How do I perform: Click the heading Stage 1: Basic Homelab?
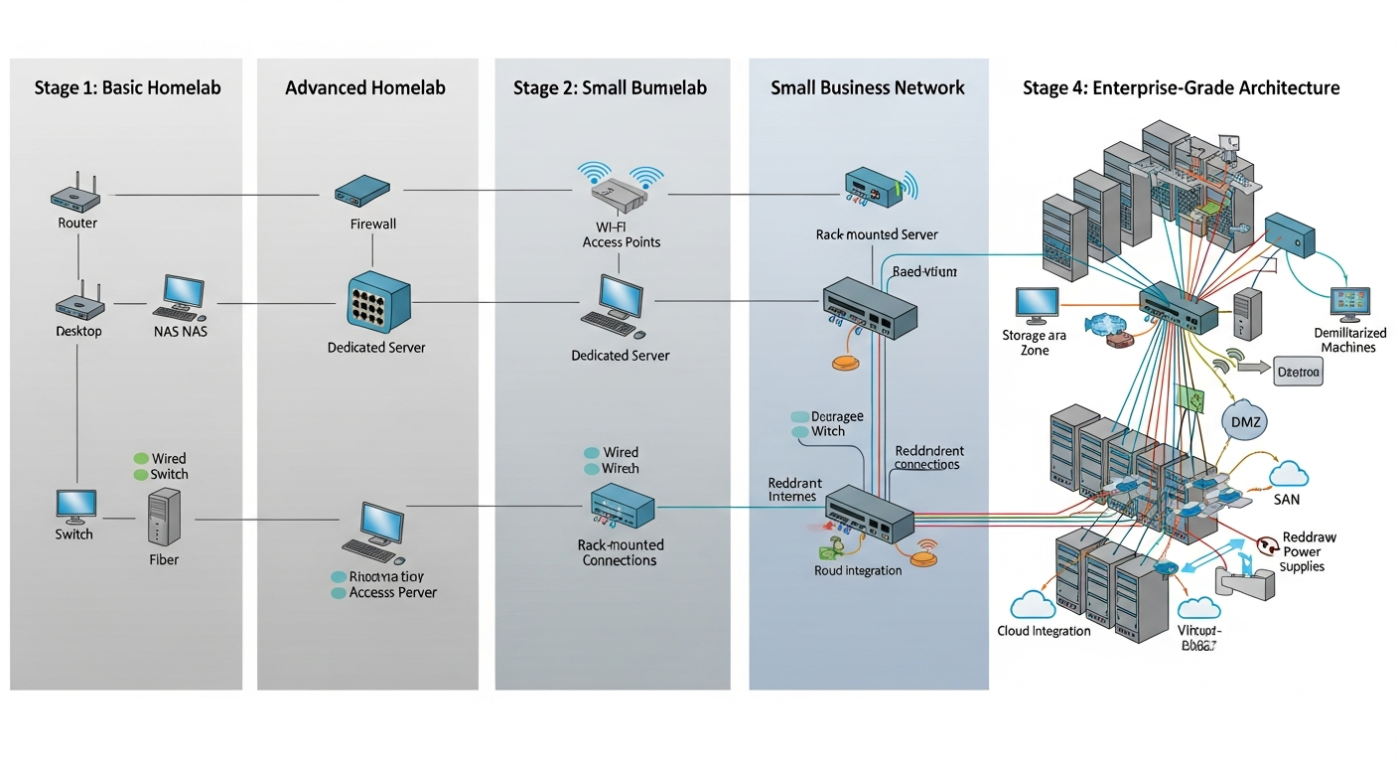point(127,88)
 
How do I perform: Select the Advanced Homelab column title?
point(365,88)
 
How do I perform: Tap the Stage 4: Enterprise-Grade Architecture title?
point(1181,88)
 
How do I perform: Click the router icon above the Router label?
point(77,194)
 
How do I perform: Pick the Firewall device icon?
point(361,190)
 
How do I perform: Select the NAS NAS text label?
point(182,331)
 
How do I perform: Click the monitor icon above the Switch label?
point(76,506)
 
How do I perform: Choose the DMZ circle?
point(1244,421)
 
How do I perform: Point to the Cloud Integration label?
point(1044,631)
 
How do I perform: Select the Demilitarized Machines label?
point(1348,341)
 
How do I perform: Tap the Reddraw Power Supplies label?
point(1309,551)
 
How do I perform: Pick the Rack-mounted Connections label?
point(620,552)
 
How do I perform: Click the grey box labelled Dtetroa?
point(1299,374)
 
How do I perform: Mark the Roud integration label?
point(857,570)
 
